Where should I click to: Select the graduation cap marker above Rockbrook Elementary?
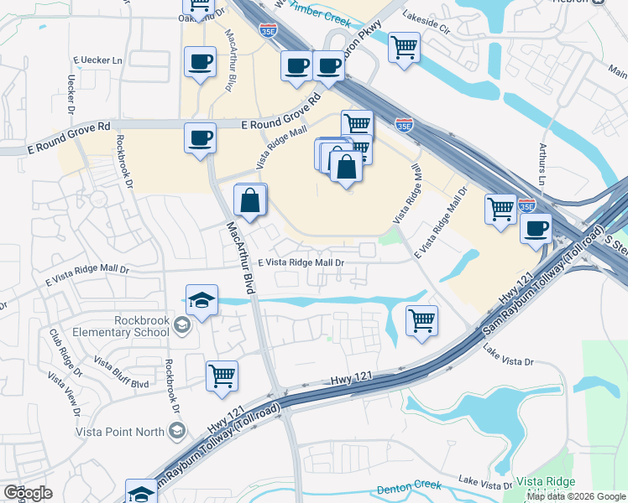[x=202, y=299]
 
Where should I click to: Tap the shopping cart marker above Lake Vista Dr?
[x=421, y=319]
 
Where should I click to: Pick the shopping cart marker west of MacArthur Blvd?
[x=222, y=375]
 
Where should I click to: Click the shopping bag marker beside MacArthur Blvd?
[x=250, y=200]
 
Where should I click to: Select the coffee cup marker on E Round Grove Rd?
[x=200, y=137]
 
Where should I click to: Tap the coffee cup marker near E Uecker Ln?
[x=200, y=62]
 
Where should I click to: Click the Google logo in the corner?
[x=28, y=493]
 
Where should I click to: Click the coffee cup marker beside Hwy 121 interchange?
[x=535, y=228]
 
